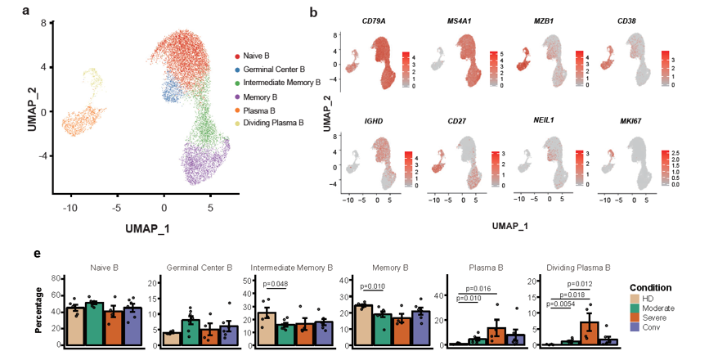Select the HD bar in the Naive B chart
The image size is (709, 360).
[74, 326]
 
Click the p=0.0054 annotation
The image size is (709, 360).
[562, 304]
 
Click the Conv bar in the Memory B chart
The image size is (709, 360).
[421, 328]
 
